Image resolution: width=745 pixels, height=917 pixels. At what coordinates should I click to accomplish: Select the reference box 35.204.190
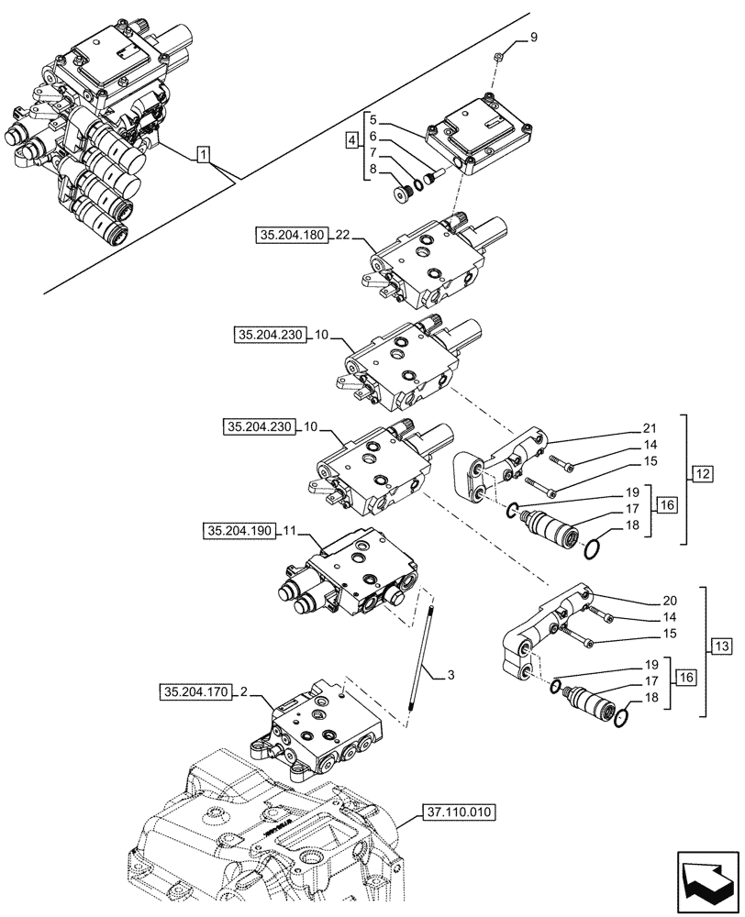239,531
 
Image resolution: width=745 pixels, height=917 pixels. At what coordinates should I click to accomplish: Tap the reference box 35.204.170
195,691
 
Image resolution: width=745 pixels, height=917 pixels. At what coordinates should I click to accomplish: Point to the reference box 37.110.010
460,812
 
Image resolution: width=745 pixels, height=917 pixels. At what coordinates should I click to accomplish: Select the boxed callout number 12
703,474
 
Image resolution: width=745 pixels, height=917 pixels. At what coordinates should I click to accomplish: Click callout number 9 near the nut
531,38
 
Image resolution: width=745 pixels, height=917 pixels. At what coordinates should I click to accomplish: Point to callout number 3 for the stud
450,676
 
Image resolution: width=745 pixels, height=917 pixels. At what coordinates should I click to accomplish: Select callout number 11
290,531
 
